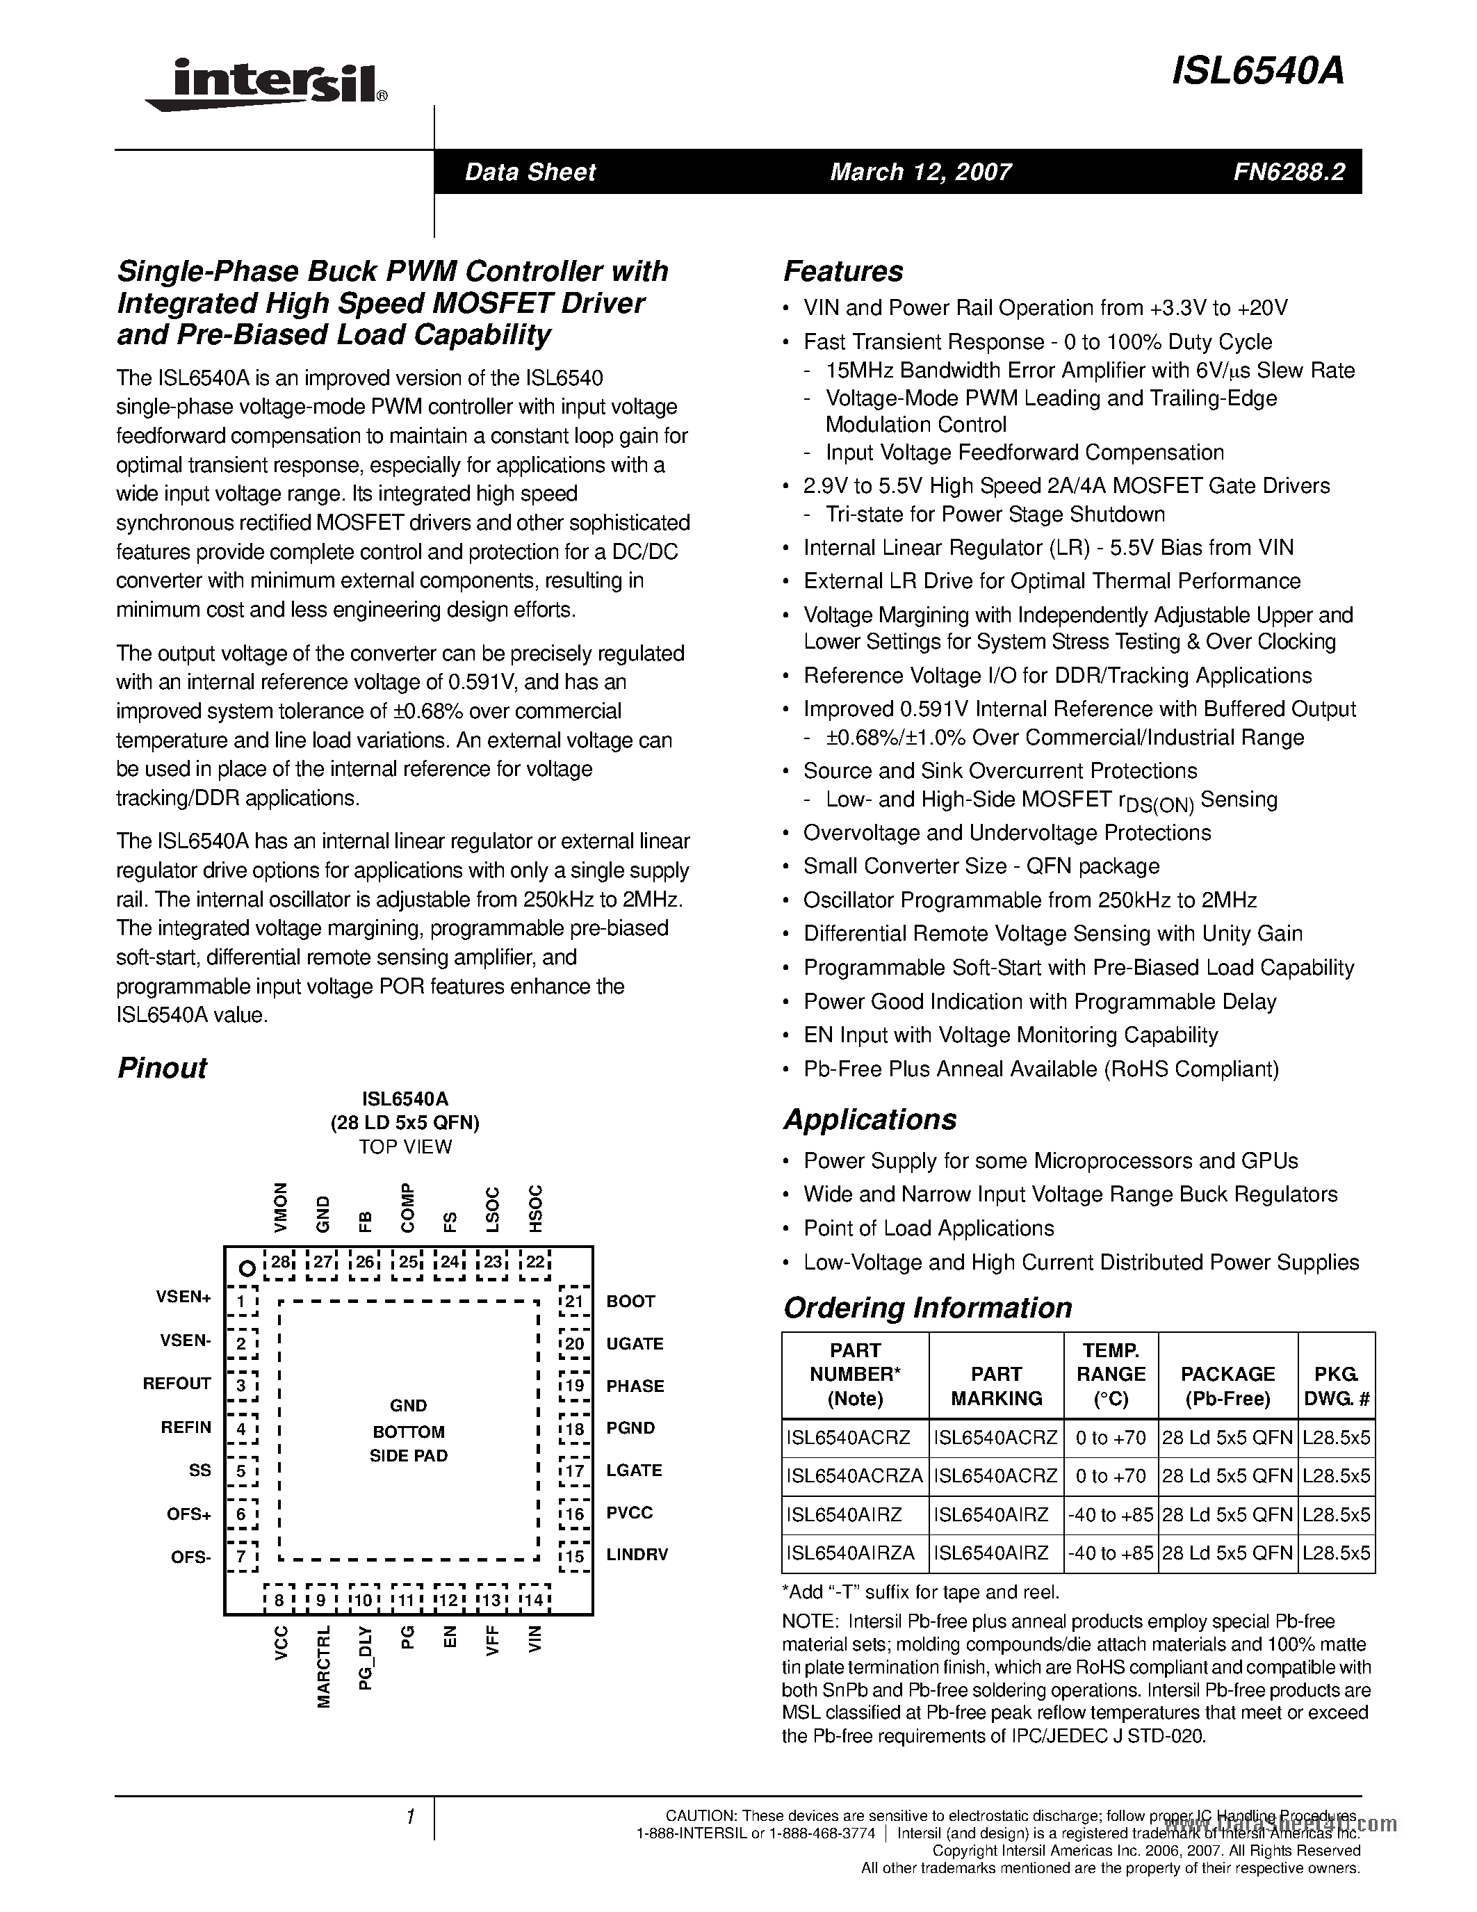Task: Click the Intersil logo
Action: click(x=263, y=85)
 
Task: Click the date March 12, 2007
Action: click(x=920, y=172)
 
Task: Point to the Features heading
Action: click(x=842, y=271)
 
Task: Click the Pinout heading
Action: click(x=162, y=1068)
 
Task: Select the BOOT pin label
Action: click(x=630, y=1301)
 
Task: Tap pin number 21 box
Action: click(x=573, y=1301)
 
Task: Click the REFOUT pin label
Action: click(x=177, y=1383)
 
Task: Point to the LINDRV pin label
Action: click(x=637, y=1555)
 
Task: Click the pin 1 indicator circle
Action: click(x=247, y=1267)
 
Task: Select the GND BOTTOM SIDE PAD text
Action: click(x=409, y=1430)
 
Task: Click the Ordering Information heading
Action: click(x=927, y=1308)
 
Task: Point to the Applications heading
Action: click(x=869, y=1119)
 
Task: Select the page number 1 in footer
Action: click(x=409, y=1817)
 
